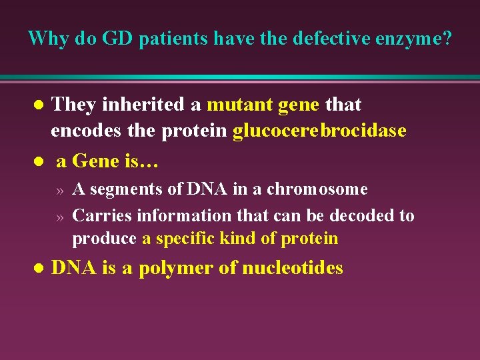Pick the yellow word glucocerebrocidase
[319, 131]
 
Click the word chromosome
[317, 189]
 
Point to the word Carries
[101, 216]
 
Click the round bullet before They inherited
[39, 105]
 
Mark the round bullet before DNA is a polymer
[39, 269]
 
